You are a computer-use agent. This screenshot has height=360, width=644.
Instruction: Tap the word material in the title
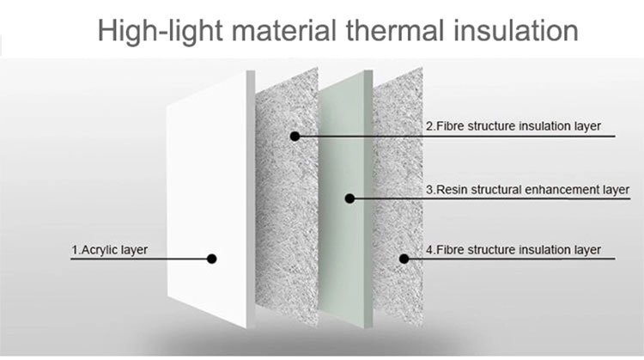[284, 30]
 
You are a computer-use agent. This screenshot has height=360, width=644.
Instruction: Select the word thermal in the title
[395, 30]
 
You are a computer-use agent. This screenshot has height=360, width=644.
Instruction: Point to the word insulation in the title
[515, 30]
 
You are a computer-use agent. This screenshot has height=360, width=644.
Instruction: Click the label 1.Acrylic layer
[110, 250]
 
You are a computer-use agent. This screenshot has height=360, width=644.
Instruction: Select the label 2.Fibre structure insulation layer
[513, 125]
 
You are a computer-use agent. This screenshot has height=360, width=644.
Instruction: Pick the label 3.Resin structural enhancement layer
[527, 190]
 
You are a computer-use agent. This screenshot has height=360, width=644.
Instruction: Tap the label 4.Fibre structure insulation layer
[513, 250]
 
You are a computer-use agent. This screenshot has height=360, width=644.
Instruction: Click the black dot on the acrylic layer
[211, 259]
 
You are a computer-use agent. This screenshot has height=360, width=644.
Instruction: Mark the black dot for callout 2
[295, 136]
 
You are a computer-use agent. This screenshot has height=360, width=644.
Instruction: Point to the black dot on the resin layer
[349, 198]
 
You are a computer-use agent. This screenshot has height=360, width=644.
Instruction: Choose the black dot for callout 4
[404, 259]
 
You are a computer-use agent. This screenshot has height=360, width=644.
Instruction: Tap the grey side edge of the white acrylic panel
[251, 199]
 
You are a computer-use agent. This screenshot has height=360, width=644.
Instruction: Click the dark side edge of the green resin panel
[368, 199]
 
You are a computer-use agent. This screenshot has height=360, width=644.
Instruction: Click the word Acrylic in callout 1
[96, 250]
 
